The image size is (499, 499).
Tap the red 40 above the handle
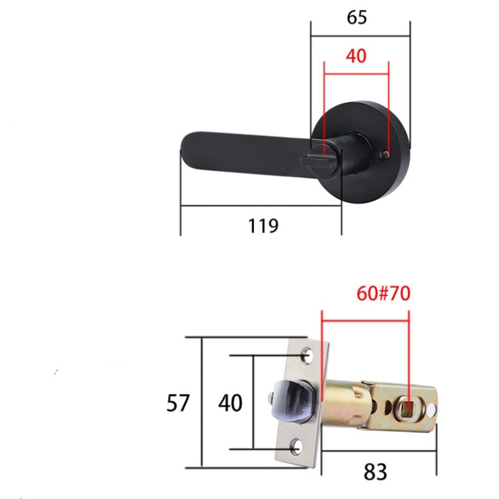click(356, 56)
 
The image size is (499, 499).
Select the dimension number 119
click(263, 225)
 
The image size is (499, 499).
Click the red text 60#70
click(383, 293)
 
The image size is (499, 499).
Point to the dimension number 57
click(178, 404)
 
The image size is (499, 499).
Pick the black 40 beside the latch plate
click(230, 404)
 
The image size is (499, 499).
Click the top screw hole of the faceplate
click(306, 356)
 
